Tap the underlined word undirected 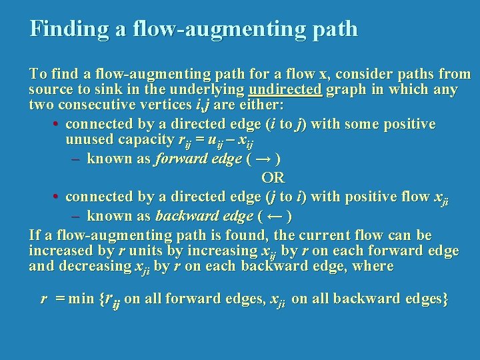tap(285, 89)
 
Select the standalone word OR tap(273, 177)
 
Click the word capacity tap(145, 141)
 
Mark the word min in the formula tap(81, 299)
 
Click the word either tap(260, 105)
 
